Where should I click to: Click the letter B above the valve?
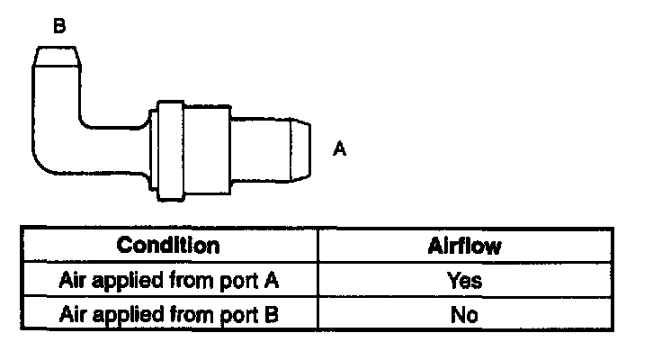click(59, 26)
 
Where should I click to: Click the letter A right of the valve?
click(339, 148)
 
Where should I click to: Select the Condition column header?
click(168, 246)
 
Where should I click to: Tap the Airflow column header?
click(463, 246)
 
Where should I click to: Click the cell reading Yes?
click(463, 280)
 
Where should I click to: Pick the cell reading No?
click(463, 314)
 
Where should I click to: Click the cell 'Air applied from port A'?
click(168, 280)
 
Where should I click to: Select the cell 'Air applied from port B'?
click(168, 314)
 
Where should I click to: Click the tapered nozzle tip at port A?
click(302, 148)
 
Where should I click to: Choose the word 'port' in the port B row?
click(237, 315)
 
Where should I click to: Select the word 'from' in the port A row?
click(191, 280)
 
